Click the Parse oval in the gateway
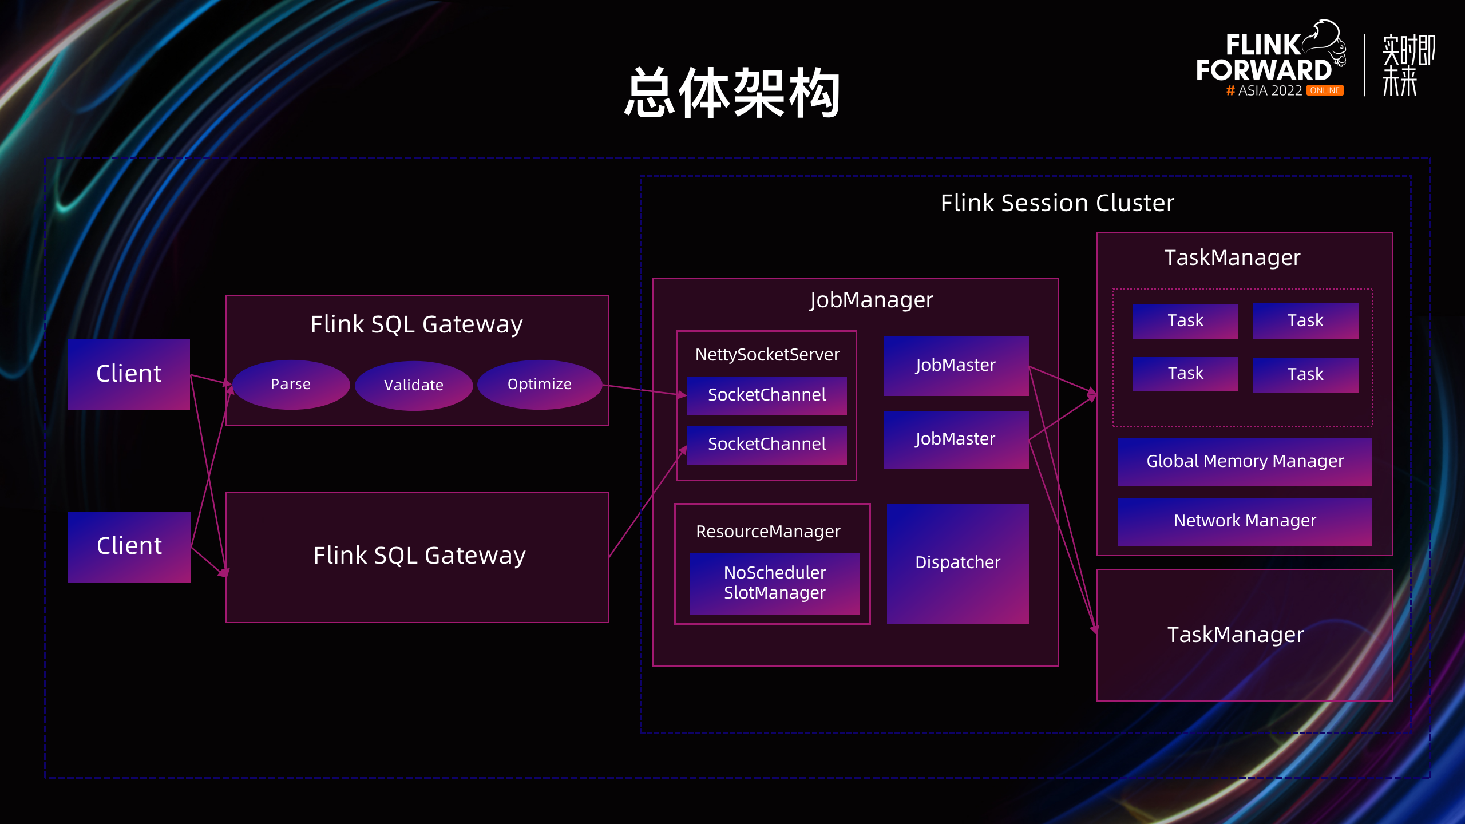pyautogui.click(x=291, y=384)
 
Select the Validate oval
pyautogui.click(x=414, y=385)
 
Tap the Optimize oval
pyautogui.click(x=540, y=384)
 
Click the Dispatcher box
pyautogui.click(x=957, y=563)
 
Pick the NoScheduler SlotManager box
pyautogui.click(x=774, y=583)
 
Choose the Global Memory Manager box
pyautogui.click(x=1245, y=462)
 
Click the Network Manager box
pyautogui.click(x=1245, y=521)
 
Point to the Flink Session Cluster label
pyautogui.click(x=1057, y=203)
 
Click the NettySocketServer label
pyautogui.click(x=767, y=355)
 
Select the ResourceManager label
pyautogui.click(x=768, y=532)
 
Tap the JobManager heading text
pyautogui.click(x=871, y=300)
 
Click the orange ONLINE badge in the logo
pyautogui.click(x=1325, y=90)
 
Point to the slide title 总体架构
pyautogui.click(x=732, y=93)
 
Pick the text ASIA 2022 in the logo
pyautogui.click(x=1270, y=90)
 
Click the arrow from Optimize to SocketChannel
pyautogui.click(x=644, y=390)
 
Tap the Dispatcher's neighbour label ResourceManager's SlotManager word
pyautogui.click(x=774, y=593)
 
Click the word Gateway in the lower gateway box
pyautogui.click(x=475, y=556)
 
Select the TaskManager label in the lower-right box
pyautogui.click(x=1236, y=635)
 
